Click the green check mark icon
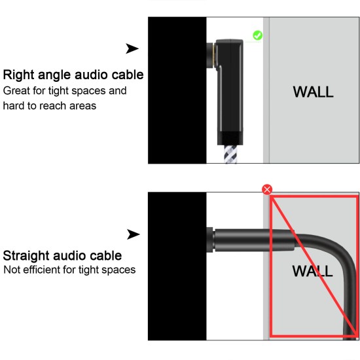pos(257,35)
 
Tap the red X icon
pos(266,189)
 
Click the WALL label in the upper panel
pos(313,92)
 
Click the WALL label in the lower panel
pos(312,270)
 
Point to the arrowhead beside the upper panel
pos(132,48)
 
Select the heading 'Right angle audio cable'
pos(74,75)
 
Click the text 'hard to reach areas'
pos(50,105)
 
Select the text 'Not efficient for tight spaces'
pos(70,270)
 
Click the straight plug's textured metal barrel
pos(242,241)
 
